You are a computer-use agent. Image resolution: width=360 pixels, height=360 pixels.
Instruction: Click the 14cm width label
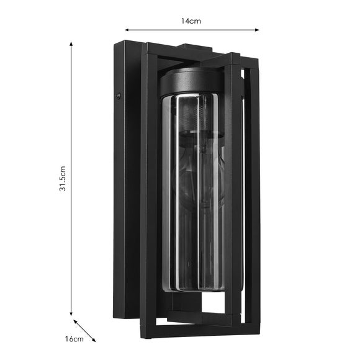pyautogui.click(x=191, y=21)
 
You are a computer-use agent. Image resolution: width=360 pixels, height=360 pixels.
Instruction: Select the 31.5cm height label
pyautogui.click(x=63, y=178)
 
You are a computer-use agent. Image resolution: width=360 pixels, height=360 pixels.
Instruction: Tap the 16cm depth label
pyautogui.click(x=74, y=339)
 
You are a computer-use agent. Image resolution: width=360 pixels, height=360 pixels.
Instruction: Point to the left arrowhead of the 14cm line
pyautogui.click(x=127, y=30)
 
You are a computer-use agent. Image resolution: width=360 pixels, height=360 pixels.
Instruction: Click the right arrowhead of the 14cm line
pyautogui.click(x=257, y=30)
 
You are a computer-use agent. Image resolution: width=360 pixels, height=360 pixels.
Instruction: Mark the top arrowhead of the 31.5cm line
pyautogui.click(x=71, y=44)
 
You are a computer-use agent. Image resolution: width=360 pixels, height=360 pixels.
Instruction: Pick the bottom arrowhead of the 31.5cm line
pyautogui.click(x=71, y=313)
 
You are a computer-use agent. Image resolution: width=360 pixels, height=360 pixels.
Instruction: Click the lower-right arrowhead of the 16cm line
pyautogui.click(x=94, y=340)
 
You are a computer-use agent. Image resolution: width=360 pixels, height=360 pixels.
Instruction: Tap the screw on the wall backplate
pyautogui.click(x=119, y=96)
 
